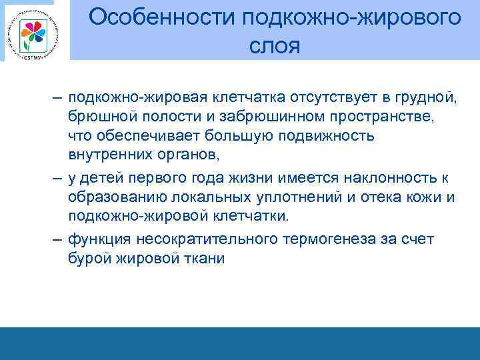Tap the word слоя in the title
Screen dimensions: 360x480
[275, 47]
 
